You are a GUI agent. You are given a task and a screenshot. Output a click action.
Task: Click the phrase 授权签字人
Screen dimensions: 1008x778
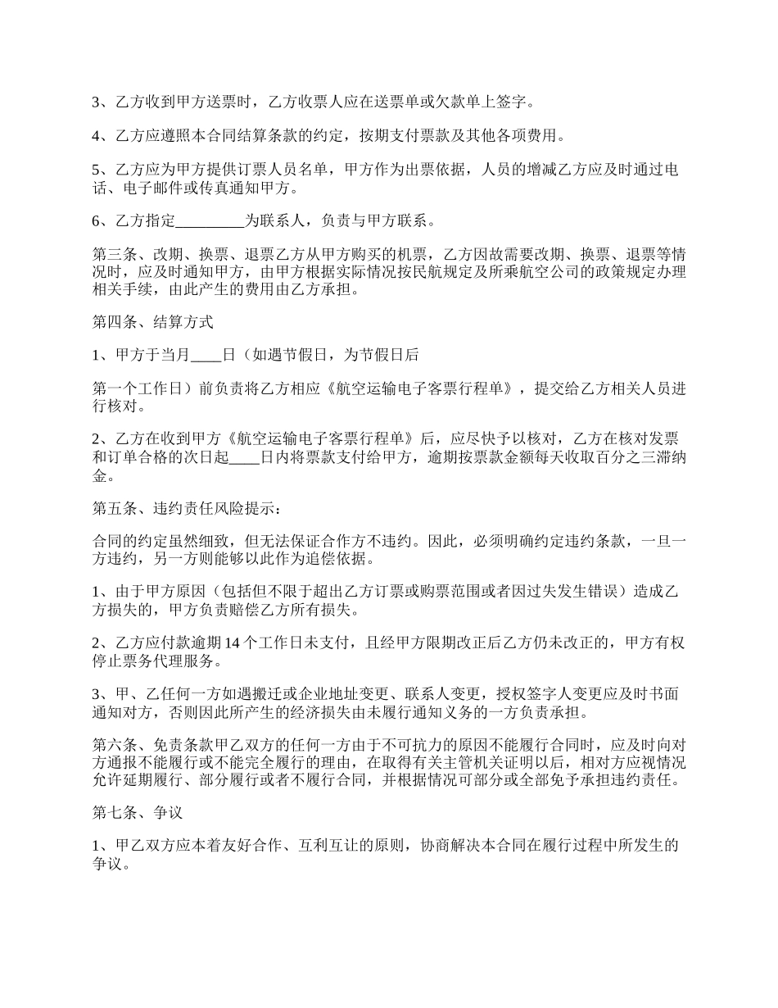(x=555, y=693)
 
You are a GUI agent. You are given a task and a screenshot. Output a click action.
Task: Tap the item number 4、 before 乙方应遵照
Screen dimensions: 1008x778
(x=100, y=135)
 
